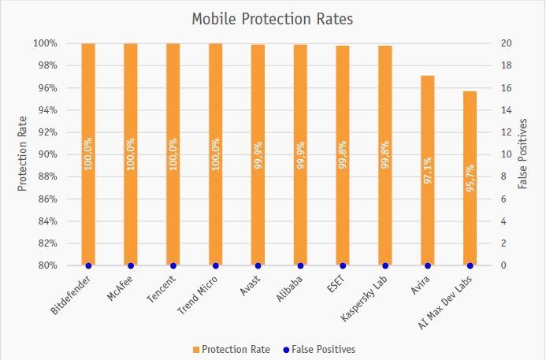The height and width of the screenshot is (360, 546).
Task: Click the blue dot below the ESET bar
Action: (x=343, y=265)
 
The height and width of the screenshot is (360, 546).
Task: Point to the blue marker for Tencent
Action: (x=173, y=265)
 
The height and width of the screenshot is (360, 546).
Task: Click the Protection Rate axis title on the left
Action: (x=22, y=154)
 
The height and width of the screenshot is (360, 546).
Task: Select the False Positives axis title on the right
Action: (x=522, y=154)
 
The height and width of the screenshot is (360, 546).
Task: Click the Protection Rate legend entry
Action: (x=230, y=349)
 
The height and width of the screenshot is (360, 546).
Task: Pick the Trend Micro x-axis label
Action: (x=199, y=295)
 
